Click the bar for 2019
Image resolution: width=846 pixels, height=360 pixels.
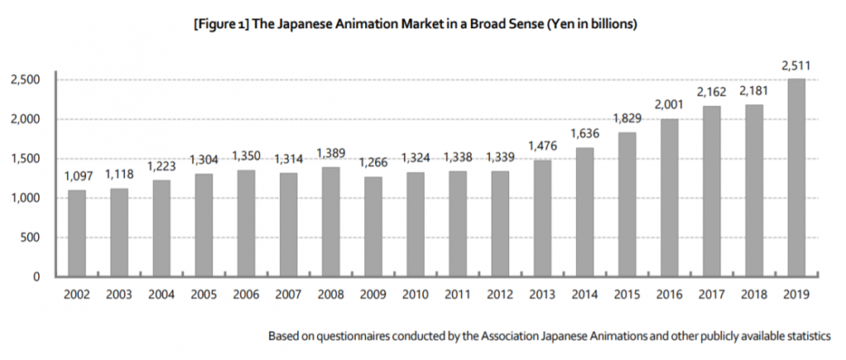click(796, 178)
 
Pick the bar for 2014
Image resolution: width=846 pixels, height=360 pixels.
click(585, 211)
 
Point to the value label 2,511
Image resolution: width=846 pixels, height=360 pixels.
click(796, 66)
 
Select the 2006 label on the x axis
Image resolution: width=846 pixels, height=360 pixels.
click(246, 295)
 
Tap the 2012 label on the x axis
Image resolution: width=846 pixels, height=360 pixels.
click(500, 295)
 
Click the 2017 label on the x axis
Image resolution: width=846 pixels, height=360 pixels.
click(711, 295)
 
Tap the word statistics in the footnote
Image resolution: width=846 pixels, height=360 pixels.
click(806, 337)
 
